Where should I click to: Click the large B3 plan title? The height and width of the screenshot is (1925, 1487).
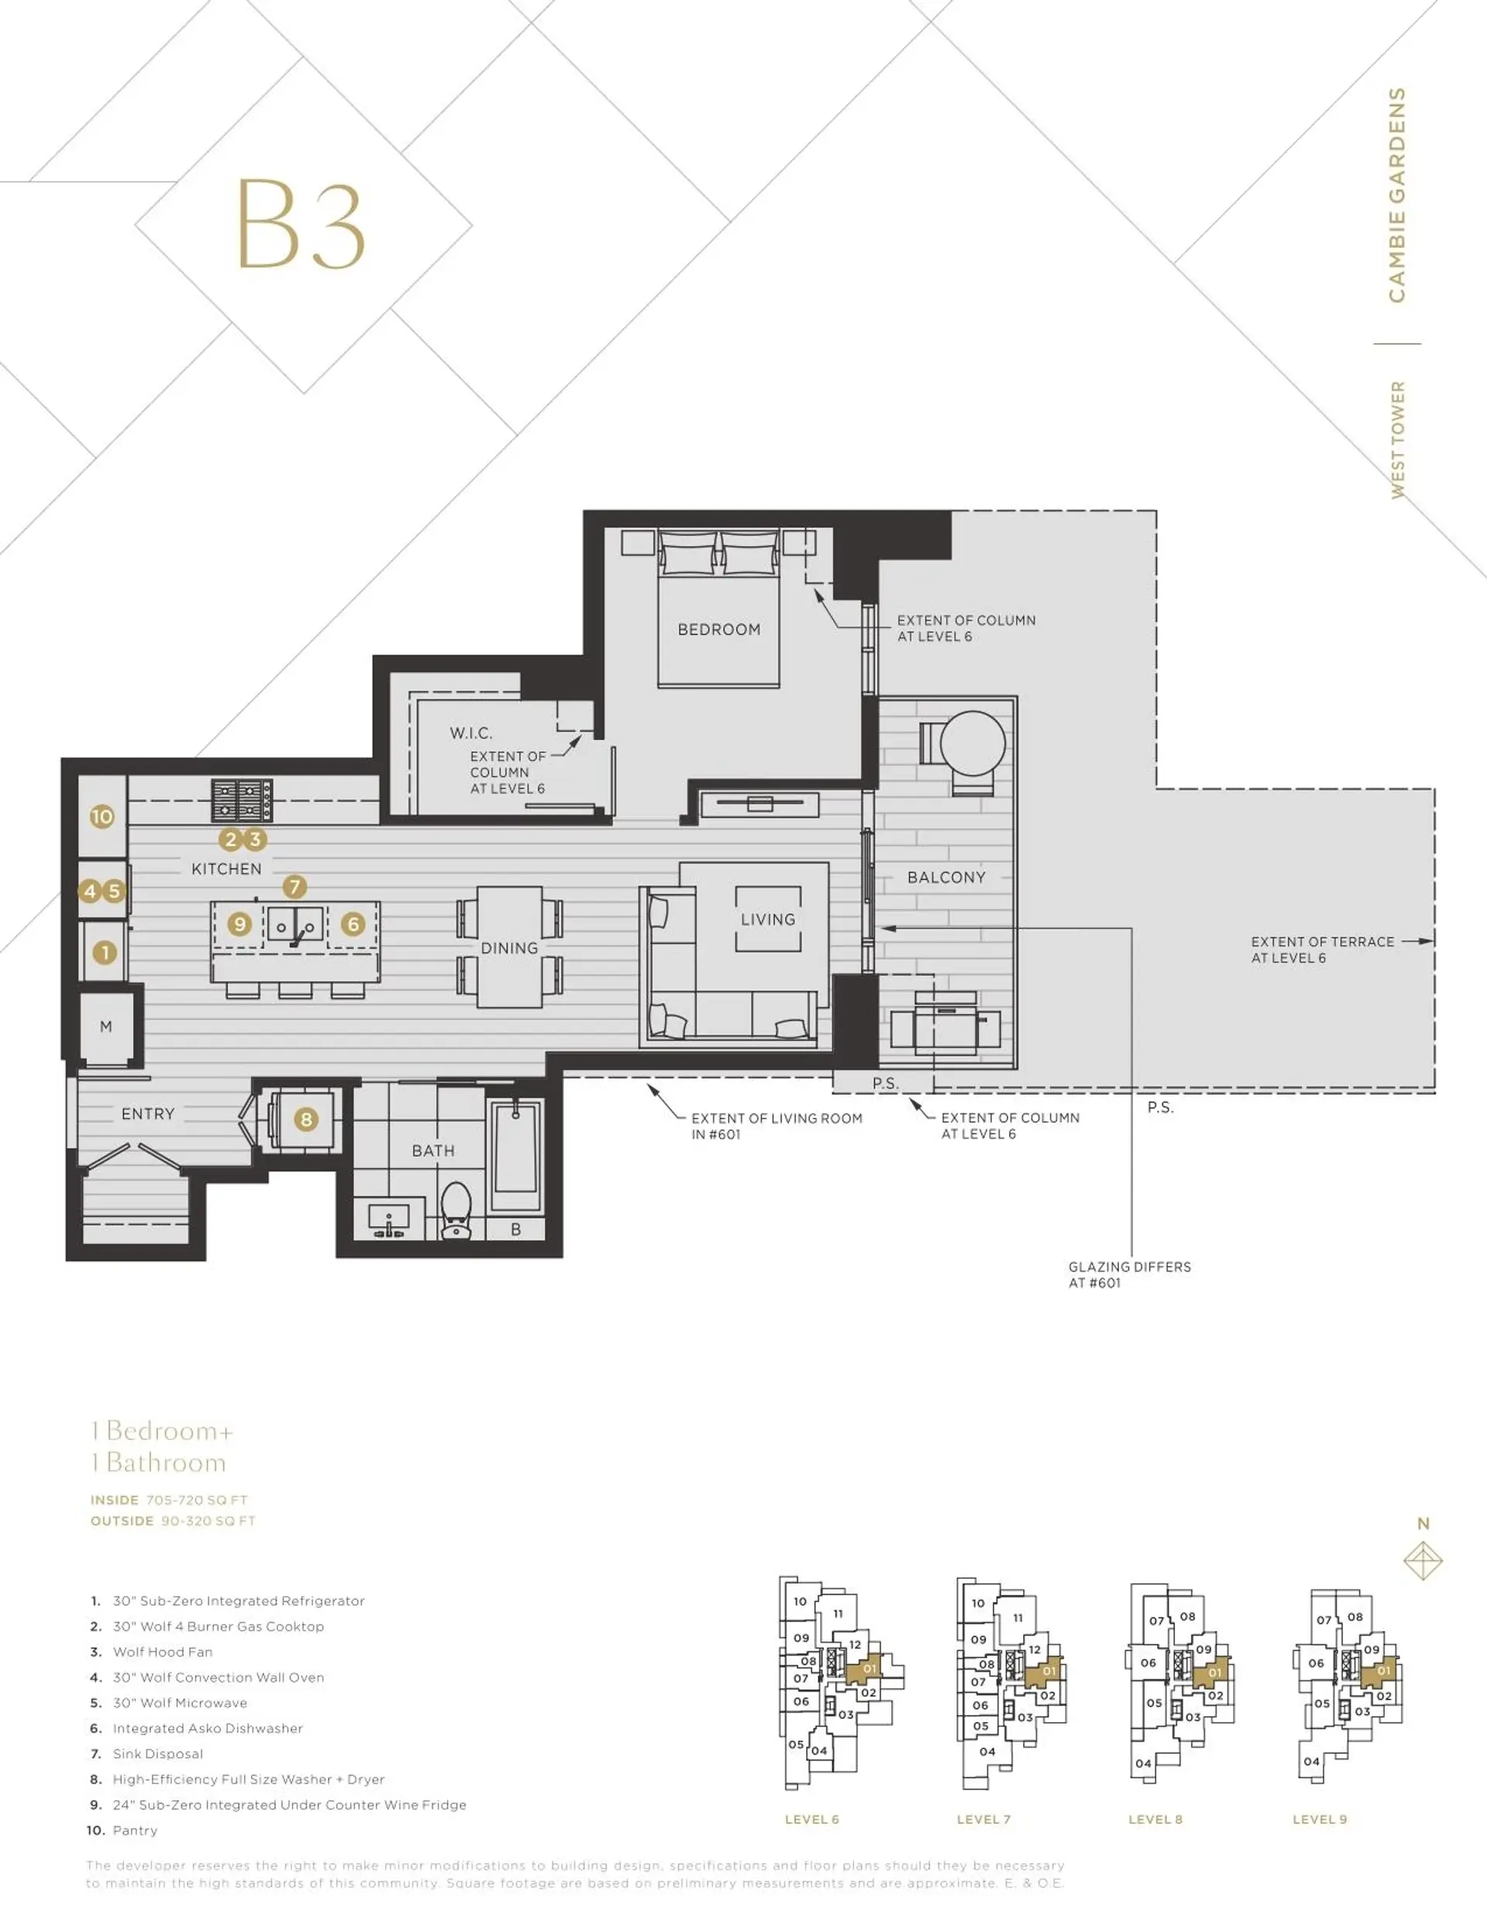point(300,225)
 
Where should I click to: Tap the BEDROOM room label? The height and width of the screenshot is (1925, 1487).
point(719,629)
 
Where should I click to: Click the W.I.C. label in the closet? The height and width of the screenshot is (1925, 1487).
point(471,733)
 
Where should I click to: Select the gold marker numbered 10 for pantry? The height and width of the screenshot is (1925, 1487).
point(102,816)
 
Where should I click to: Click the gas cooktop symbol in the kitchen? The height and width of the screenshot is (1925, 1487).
point(242,799)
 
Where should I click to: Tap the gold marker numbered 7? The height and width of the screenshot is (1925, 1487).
point(294,887)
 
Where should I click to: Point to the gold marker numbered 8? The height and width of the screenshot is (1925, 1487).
point(306,1119)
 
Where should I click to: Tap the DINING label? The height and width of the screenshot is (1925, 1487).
point(509,948)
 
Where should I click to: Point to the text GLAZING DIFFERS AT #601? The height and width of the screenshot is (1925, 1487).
point(1129,1274)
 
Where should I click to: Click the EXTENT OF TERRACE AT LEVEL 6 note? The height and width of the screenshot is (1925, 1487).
point(1322,950)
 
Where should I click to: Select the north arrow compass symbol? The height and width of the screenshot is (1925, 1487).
point(1423,1561)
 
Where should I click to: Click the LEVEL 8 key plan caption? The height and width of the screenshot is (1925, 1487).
point(1155,1819)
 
